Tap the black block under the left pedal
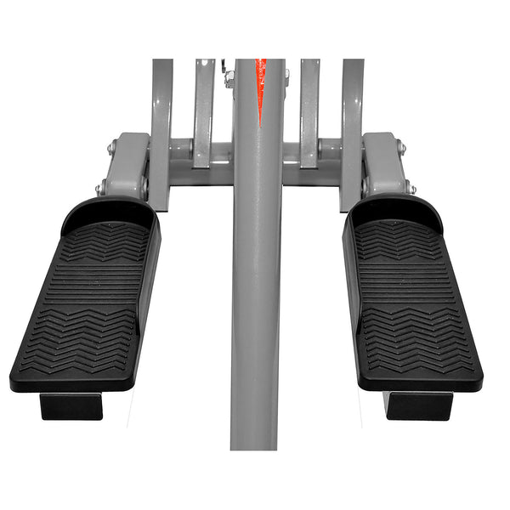(72, 406)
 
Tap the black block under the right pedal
(418, 405)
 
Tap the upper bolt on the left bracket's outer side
(112, 147)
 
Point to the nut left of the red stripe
(229, 78)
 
